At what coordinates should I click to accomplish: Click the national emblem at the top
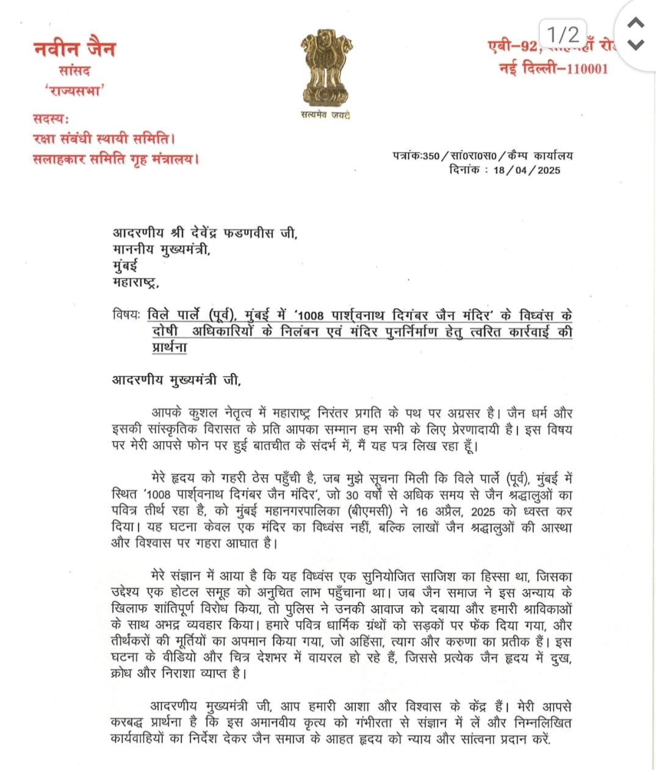click(x=326, y=68)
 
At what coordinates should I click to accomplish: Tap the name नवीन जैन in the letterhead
click(x=74, y=48)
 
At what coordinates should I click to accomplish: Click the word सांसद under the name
click(x=74, y=71)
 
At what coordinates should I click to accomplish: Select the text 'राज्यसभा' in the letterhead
click(x=74, y=91)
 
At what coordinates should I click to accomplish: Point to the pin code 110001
click(x=587, y=68)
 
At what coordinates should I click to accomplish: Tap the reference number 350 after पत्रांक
click(x=431, y=156)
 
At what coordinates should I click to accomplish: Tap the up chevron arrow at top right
click(x=636, y=24)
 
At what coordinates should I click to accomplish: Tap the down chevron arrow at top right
click(x=636, y=45)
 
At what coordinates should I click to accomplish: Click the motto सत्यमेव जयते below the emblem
click(x=325, y=115)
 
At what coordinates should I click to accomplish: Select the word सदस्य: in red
click(x=51, y=118)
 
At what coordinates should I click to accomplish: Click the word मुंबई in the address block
click(x=125, y=265)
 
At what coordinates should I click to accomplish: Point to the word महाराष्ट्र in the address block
click(x=135, y=282)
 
